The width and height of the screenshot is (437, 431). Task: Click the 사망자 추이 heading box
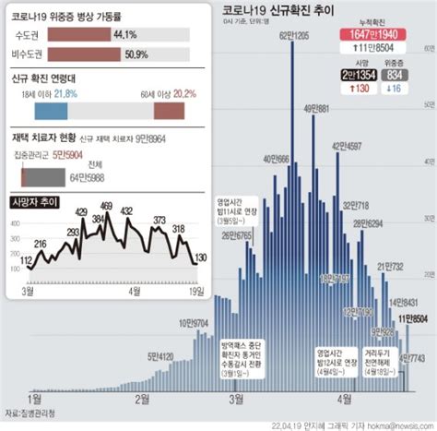click(x=38, y=200)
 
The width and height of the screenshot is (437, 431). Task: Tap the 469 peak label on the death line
click(x=106, y=206)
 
